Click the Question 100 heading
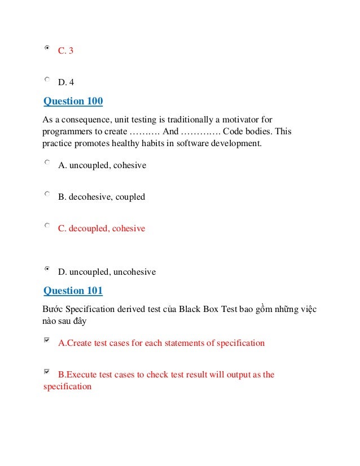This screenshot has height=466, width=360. click(73, 102)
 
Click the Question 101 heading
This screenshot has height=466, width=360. click(73, 291)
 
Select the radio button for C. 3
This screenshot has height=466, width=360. click(47, 49)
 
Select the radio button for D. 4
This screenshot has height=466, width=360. click(47, 80)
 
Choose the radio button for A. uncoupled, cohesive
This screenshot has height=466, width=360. click(47, 162)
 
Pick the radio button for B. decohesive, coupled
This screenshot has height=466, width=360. click(47, 195)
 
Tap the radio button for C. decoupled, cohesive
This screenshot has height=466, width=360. click(47, 226)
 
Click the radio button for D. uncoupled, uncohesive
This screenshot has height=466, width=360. click(47, 270)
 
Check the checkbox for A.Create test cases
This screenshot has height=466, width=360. click(47, 340)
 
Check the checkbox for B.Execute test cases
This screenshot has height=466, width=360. click(47, 372)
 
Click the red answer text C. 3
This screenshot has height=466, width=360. click(65, 51)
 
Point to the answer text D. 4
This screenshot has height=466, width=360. click(66, 82)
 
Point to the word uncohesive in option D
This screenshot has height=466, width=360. click(135, 272)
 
